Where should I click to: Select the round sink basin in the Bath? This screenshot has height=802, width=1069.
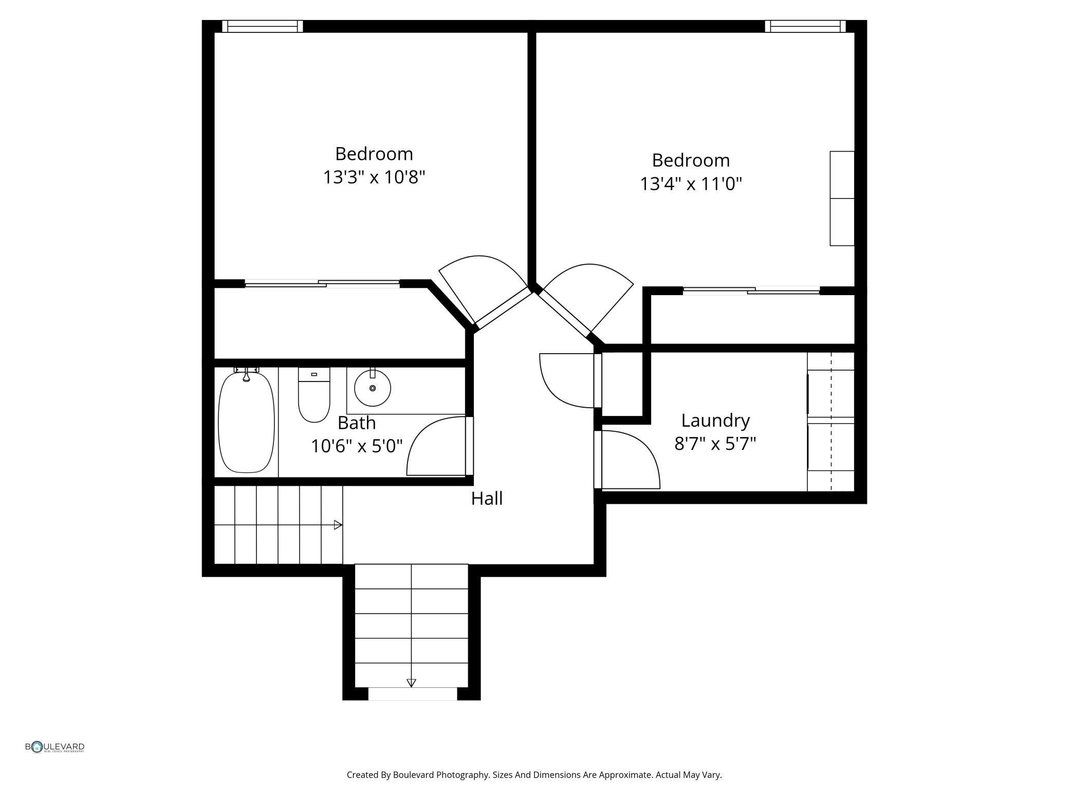pos(373,388)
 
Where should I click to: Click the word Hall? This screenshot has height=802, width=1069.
pos(487,499)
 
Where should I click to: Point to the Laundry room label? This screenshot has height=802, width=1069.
pos(715,421)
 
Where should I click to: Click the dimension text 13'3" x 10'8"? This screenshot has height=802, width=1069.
pos(374,177)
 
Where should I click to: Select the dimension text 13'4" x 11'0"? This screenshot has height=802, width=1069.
pos(691,184)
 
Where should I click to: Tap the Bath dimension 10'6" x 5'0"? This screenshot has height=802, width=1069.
pos(357,446)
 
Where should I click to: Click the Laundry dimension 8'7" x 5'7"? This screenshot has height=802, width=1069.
pos(715,443)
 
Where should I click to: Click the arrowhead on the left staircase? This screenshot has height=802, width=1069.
pos(338,525)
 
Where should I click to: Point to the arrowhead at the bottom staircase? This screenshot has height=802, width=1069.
pos(411,683)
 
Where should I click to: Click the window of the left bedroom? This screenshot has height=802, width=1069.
pos(263,26)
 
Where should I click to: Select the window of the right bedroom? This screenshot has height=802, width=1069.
pos(805,26)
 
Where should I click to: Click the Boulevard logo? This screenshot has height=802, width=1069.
pos(55,747)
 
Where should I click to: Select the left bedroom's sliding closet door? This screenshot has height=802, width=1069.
pos(322,283)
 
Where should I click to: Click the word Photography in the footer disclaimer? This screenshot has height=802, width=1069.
pos(462,775)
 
